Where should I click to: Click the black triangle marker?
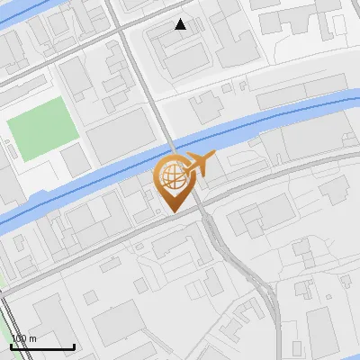[181, 24]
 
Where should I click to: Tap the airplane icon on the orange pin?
[198, 164]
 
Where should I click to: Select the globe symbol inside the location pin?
[171, 176]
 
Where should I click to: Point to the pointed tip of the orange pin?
[172, 211]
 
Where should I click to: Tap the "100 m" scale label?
[23, 338]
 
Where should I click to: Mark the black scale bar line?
[42, 346]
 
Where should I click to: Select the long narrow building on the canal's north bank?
[288, 95]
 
